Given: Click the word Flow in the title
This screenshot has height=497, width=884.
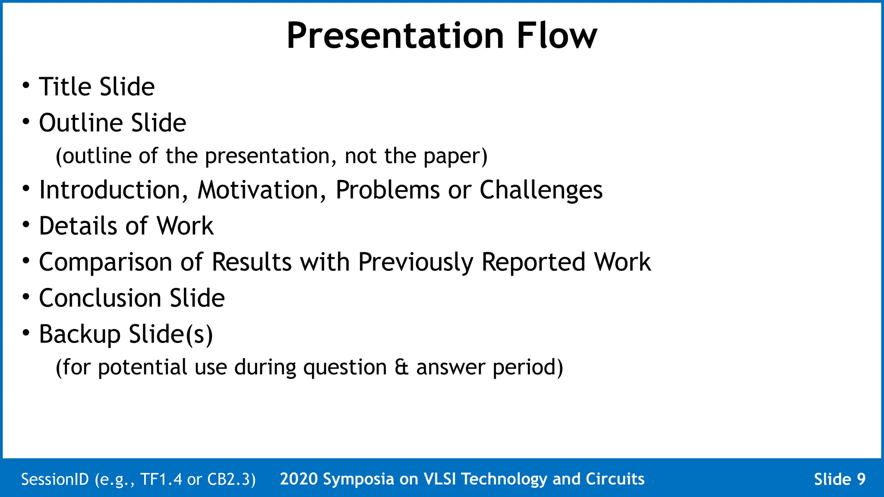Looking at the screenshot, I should click(556, 36).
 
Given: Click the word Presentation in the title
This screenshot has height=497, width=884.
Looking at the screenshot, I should click(395, 37).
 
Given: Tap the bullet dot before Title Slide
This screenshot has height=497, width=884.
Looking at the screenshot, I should click(26, 85).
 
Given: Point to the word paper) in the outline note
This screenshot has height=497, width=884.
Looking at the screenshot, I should click(455, 156).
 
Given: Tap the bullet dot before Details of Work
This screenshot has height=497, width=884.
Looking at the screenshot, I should click(26, 224).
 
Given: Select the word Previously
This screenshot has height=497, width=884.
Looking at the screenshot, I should click(415, 262).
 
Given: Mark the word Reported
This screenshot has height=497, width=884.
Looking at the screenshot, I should click(533, 262).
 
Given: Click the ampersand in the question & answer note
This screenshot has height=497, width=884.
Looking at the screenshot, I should click(401, 368).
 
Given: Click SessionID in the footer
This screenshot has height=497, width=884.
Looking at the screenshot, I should click(55, 479).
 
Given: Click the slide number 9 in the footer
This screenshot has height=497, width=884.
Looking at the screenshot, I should click(861, 479).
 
